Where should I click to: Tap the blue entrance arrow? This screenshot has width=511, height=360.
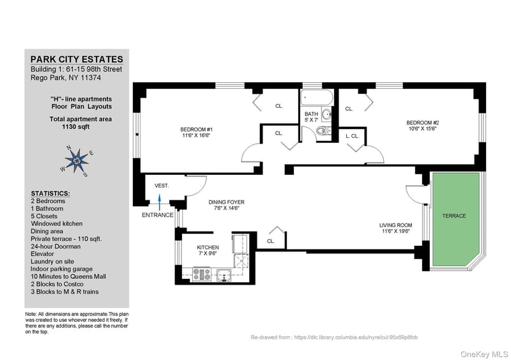[160, 202]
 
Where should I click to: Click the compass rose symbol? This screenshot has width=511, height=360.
[77, 160]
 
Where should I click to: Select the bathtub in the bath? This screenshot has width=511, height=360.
[317, 98]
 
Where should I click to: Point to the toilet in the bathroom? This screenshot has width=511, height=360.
[323, 131]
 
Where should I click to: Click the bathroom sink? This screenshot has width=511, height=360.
[326, 114]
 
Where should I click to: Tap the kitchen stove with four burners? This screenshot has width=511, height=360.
[202, 274]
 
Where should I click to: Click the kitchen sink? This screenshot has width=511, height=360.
[224, 274]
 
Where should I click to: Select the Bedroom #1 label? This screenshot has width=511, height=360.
[197, 130]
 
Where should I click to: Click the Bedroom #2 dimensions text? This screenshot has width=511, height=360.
[423, 129]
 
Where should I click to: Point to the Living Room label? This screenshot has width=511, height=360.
[395, 225]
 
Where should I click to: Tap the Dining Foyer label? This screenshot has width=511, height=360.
[227, 202]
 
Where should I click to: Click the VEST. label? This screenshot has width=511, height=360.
[162, 186]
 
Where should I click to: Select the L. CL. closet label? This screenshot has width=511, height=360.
[353, 136]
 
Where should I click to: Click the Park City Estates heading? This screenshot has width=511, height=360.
[77, 59]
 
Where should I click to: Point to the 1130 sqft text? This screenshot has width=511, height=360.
[75, 127]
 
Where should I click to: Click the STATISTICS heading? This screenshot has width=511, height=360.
[50, 193]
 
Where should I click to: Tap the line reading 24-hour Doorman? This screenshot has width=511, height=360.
[56, 246]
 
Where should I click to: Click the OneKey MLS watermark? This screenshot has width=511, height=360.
[484, 354]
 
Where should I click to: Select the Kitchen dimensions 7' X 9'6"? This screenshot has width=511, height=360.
[208, 253]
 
